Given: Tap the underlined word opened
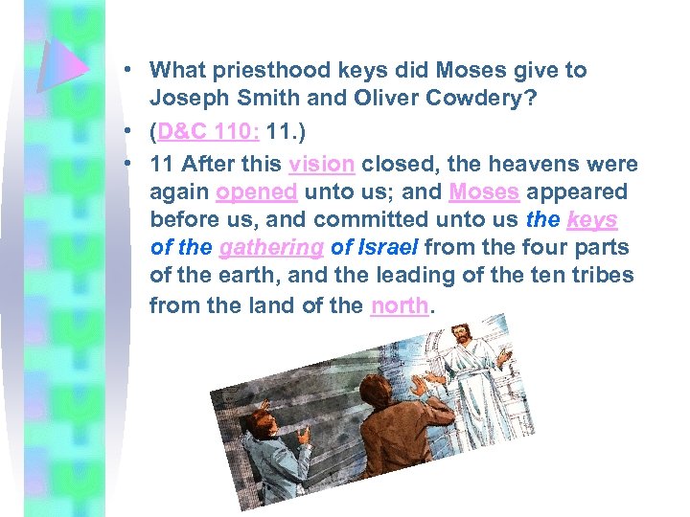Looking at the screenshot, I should [x=256, y=191].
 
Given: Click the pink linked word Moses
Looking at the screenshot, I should [x=484, y=191].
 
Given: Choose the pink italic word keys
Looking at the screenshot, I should [x=592, y=220].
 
